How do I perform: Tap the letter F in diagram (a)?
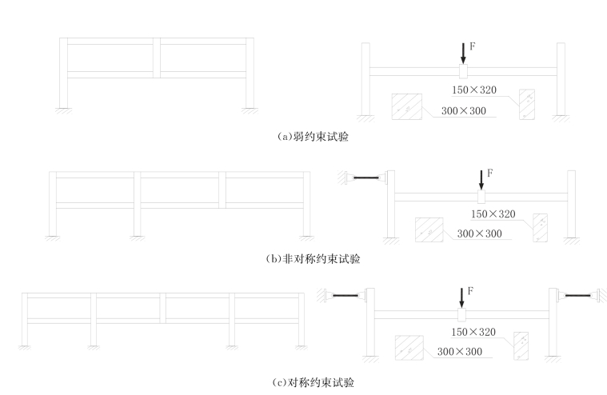(x=472, y=47)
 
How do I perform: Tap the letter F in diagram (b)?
(x=489, y=173)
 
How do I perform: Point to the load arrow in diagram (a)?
(x=463, y=53)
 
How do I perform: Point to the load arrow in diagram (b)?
(x=481, y=178)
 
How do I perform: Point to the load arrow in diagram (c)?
(x=461, y=299)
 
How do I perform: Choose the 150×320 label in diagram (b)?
(x=493, y=213)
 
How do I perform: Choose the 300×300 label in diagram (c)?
(x=460, y=352)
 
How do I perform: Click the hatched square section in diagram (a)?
(x=406, y=107)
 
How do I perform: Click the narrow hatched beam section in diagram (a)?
(x=526, y=104)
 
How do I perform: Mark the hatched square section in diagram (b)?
(x=429, y=229)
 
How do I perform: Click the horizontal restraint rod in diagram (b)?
(x=366, y=178)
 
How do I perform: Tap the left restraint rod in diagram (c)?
(x=345, y=297)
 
